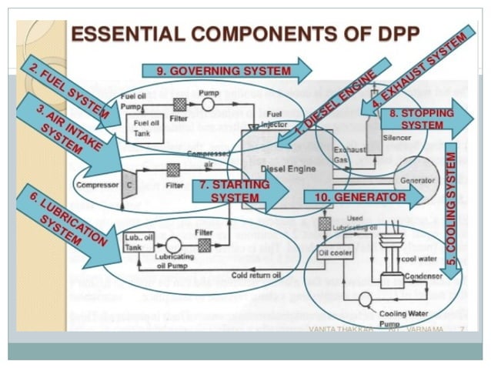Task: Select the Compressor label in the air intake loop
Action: pos(96,186)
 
